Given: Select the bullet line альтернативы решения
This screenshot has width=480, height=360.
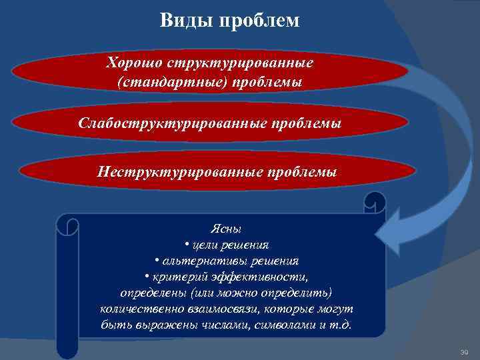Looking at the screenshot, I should [226, 261].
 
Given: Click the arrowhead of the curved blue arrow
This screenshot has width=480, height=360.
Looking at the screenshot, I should [387, 230].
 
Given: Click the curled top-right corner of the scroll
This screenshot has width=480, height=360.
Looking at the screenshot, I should [375, 202].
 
